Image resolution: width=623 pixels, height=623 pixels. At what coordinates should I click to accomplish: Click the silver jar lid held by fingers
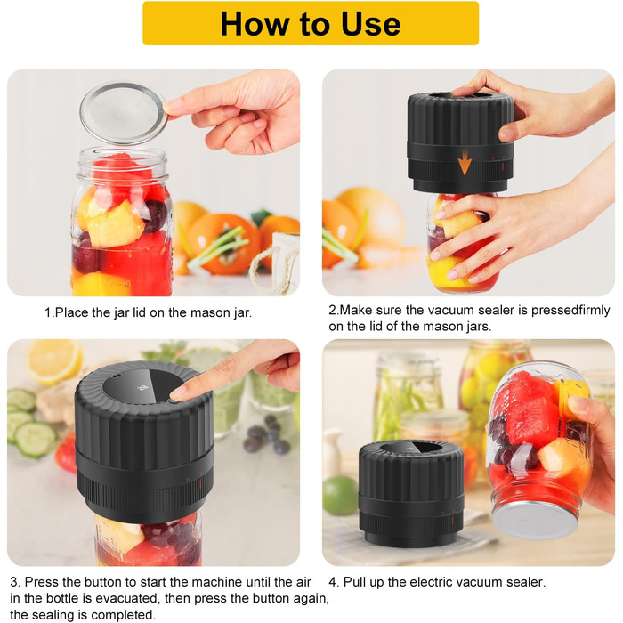tap(123, 113)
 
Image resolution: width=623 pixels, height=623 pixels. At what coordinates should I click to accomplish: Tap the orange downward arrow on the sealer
tap(464, 165)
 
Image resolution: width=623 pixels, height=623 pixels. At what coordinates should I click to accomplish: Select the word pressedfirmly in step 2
tap(570, 311)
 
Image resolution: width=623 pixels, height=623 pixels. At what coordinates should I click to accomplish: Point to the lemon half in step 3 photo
tap(53, 361)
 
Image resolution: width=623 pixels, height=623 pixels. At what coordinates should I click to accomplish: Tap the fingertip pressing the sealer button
tap(178, 393)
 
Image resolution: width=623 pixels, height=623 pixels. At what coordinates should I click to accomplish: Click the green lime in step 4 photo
tap(340, 496)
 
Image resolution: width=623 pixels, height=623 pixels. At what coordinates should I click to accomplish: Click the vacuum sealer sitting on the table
tap(411, 492)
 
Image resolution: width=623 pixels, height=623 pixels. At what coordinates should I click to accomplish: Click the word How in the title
tap(255, 23)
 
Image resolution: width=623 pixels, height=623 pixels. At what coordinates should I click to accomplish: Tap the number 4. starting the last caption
tap(334, 582)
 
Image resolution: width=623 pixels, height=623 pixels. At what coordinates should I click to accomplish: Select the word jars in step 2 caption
tap(479, 327)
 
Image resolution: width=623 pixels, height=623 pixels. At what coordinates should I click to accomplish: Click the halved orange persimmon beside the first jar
tap(222, 244)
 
